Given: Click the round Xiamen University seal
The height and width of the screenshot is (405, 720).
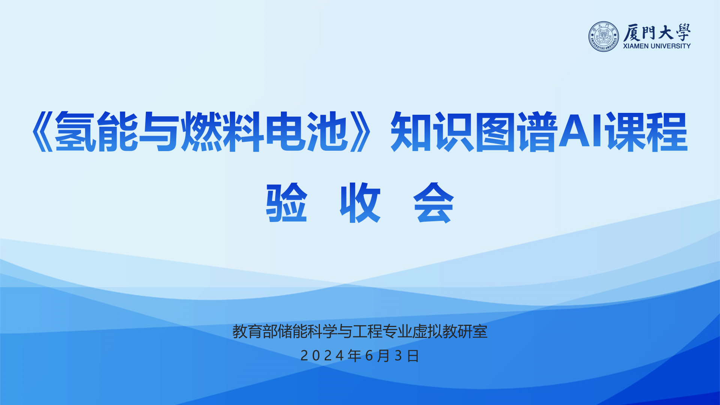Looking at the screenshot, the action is coord(604,36).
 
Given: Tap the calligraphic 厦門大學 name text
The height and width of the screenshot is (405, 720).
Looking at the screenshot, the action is coord(657,32).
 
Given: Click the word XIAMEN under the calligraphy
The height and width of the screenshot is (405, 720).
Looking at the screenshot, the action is coord(636,46).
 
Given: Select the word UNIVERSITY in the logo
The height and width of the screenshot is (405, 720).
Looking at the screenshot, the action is coord(670,46).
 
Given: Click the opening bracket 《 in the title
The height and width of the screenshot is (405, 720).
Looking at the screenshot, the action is coord(42,132).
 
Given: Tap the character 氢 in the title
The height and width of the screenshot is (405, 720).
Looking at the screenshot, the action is coord(75,132).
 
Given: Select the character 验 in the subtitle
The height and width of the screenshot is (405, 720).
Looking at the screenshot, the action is coord(287,202).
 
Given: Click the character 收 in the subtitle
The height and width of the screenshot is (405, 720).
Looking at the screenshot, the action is coord(360,202).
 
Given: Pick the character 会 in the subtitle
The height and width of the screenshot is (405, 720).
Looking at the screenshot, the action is coord(433,202).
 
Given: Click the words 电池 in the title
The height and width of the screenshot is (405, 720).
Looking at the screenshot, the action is coord(307,132).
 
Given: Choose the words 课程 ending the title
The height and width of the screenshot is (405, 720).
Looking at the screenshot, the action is coord(646,132).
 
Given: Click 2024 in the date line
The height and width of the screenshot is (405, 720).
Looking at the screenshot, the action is coord(322,356).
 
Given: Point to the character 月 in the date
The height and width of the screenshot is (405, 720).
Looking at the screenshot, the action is coord(384,356).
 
